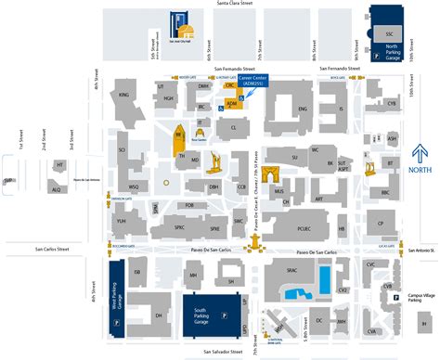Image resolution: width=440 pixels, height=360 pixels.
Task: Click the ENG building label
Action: [x=302, y=108]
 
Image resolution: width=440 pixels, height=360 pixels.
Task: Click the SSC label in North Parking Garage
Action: [x=389, y=32]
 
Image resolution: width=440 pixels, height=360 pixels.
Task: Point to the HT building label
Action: [x=60, y=164]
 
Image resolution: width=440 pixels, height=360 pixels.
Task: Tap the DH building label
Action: [x=159, y=290]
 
